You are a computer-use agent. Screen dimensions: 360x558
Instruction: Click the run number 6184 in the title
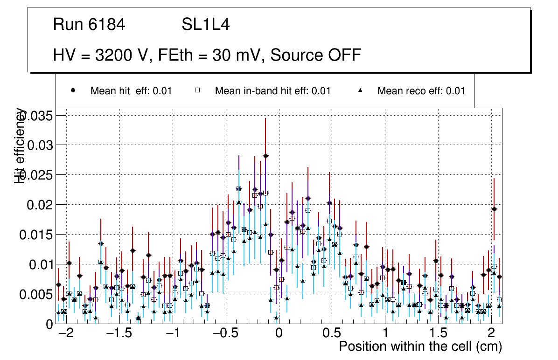(107, 25)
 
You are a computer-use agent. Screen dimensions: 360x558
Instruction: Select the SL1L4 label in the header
(205, 25)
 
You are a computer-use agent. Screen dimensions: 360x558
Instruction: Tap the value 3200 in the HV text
(114, 55)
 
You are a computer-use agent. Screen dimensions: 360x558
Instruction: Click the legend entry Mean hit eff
(131, 91)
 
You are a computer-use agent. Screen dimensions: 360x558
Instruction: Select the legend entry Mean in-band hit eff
(272, 91)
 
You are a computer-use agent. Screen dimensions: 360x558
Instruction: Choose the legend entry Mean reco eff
(421, 91)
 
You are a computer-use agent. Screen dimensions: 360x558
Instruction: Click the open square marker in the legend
(197, 91)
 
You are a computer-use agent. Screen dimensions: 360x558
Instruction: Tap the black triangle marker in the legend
(361, 91)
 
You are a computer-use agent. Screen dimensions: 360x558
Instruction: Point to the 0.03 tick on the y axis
(40, 145)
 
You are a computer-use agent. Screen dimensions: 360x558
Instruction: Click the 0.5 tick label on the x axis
(332, 334)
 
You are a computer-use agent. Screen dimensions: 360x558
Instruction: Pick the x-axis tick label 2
(491, 334)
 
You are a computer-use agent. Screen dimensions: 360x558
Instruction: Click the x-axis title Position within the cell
(420, 347)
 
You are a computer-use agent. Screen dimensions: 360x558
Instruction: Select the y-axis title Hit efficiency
(20, 145)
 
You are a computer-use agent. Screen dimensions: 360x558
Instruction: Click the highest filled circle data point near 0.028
(265, 156)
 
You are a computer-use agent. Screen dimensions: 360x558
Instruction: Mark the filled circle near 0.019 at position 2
(494, 209)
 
